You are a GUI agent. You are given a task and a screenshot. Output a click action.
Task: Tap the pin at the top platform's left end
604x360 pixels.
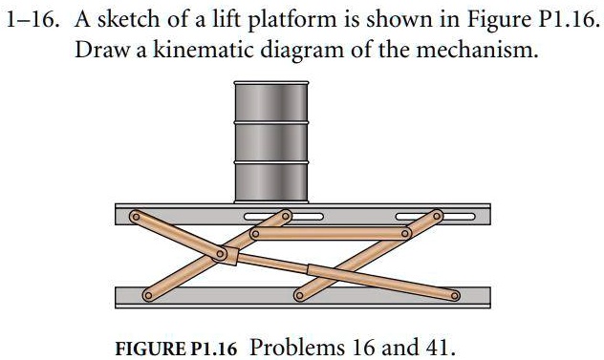click(136, 218)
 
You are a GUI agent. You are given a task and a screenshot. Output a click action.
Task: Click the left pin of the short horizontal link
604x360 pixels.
click(254, 233)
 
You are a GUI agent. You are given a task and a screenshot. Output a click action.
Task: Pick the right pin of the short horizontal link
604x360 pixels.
click(405, 233)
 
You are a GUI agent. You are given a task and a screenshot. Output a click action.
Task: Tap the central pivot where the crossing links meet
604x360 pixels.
click(222, 255)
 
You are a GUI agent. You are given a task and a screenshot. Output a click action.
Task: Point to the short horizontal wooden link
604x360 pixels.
click(330, 233)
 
